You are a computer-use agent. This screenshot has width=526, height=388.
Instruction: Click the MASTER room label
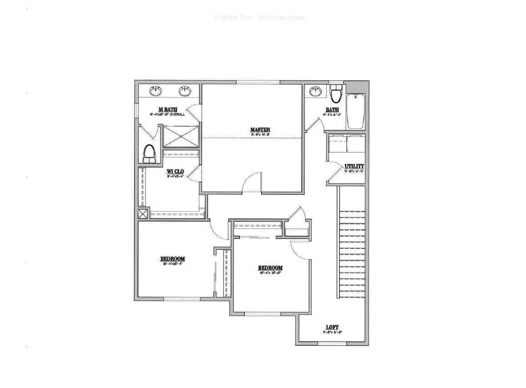260,130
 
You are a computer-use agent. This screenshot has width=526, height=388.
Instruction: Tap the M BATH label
167,109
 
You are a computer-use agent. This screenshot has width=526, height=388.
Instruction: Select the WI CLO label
175,171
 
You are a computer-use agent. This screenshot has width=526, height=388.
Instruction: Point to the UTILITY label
354,166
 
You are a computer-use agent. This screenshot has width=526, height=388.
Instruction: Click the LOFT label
332,328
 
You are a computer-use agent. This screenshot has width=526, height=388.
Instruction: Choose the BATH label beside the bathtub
332,110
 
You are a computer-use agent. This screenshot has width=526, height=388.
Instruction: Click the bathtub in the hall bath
355,111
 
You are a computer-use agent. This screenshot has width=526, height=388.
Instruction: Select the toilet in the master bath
149,154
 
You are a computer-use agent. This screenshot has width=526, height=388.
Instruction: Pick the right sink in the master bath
185,91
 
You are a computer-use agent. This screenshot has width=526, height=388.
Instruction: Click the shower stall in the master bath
181,136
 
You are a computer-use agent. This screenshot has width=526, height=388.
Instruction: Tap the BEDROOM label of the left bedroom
172,259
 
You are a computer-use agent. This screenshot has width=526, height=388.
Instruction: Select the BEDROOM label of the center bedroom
270,268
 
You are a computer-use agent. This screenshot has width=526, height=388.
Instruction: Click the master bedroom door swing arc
252,182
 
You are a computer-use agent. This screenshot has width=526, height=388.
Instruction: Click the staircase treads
352,255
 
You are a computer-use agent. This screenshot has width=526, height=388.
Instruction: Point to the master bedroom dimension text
260,135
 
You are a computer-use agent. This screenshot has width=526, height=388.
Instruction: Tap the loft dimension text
332,333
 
